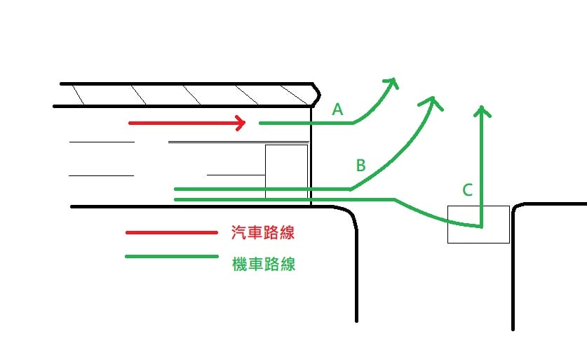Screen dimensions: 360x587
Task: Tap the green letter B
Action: pyautogui.click(x=360, y=166)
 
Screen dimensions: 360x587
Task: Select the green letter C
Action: pyautogui.click(x=468, y=189)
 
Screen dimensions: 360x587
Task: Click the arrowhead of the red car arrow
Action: pyautogui.click(x=241, y=123)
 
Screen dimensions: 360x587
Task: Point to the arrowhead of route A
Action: pyautogui.click(x=392, y=81)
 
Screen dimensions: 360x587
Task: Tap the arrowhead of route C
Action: pyautogui.click(x=481, y=110)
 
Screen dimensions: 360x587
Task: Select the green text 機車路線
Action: pyautogui.click(x=263, y=265)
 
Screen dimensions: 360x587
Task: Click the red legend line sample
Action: pyautogui.click(x=171, y=232)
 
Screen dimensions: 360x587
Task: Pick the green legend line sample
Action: pyautogui.click(x=171, y=257)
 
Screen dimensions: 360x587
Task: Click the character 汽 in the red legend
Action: pyautogui.click(x=238, y=233)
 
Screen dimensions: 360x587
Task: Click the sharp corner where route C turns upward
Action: pyautogui.click(x=481, y=227)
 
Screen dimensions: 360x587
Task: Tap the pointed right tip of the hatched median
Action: pyautogui.click(x=320, y=91)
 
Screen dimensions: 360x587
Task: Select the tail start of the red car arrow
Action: pyautogui.click(x=130, y=123)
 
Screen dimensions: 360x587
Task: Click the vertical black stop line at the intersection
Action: pyautogui.click(x=311, y=154)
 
